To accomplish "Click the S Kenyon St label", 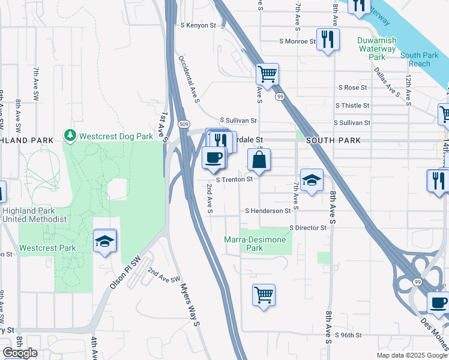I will click(x=197, y=25).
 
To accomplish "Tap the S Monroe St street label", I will click(x=297, y=41).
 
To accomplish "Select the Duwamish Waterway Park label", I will click(x=376, y=49).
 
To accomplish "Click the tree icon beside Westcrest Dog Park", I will click(x=71, y=136).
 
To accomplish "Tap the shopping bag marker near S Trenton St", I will click(x=259, y=161).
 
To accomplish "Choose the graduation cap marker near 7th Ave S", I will click(x=312, y=180).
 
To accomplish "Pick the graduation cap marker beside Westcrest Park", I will click(x=105, y=241).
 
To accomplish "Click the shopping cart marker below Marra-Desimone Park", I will click(x=264, y=295).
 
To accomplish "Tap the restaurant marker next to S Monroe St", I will click(x=328, y=40).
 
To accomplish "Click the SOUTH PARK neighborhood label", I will click(x=333, y=140).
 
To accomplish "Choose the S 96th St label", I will click(x=349, y=335).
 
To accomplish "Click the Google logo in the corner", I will click(x=20, y=353).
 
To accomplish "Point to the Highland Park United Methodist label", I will click(x=34, y=215).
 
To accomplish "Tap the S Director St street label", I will click(x=307, y=228).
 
